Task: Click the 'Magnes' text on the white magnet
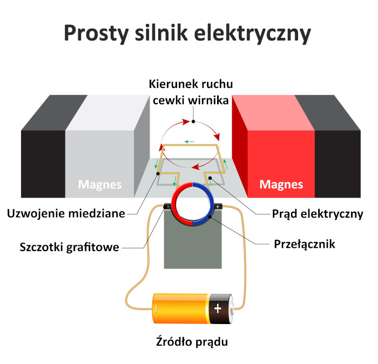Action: pos(100,185)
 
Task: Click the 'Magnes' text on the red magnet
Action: pos(281,185)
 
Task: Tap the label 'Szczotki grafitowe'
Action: pos(69,248)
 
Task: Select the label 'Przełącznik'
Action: pos(305,244)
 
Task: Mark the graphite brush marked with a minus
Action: pos(167,206)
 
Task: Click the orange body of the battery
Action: pos(181,309)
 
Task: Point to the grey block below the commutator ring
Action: pos(193,248)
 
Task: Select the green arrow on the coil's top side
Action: pos(189,141)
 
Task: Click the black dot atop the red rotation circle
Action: pos(193,122)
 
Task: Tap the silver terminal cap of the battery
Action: pos(233,309)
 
